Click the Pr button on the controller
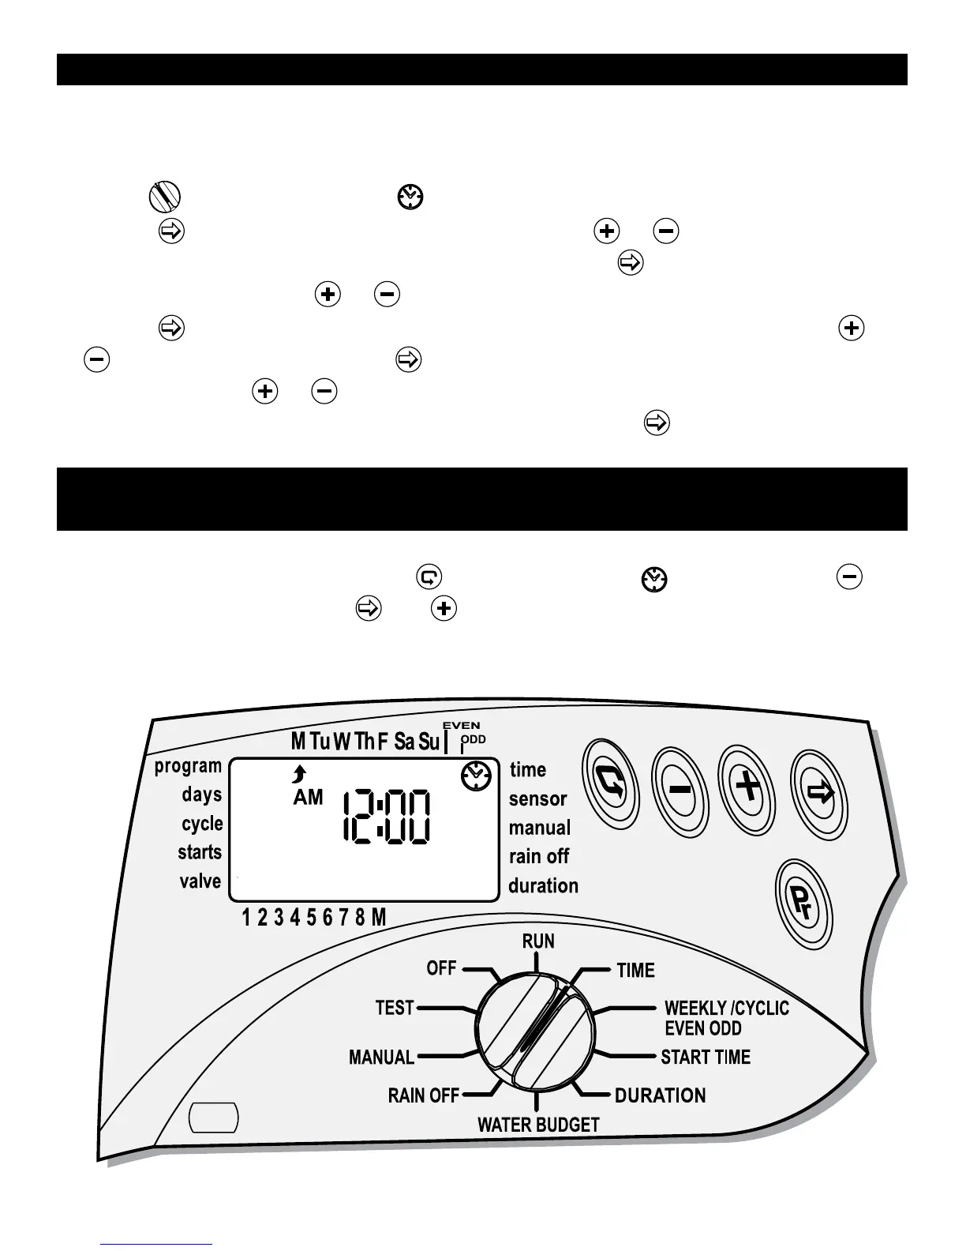coord(804,904)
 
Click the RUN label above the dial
coord(538,941)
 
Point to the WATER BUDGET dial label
coord(538,1125)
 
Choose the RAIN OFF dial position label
coord(424,1095)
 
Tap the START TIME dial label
coord(706,1057)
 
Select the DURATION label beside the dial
coord(661,1095)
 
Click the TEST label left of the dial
coord(395,1008)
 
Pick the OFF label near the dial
coord(441,967)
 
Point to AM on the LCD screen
coord(308,798)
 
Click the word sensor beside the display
coord(538,798)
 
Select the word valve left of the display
coord(200,881)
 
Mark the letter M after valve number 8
coord(379,917)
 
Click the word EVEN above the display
coord(461,725)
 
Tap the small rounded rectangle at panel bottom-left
coord(215,1118)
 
